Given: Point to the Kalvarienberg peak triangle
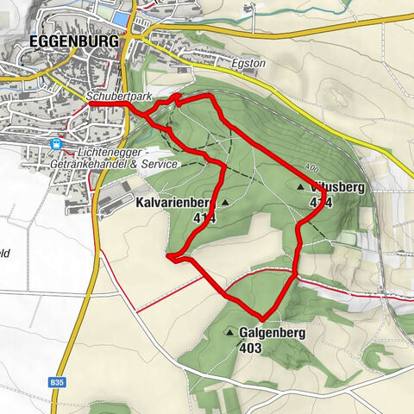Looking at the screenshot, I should tap(225, 203).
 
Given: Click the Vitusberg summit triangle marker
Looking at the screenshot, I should tap(300, 186).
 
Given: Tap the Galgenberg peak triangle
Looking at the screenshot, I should tap(230, 331).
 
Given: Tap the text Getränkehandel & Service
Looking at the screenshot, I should tap(126, 164).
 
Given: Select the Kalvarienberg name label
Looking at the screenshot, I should tap(172, 203).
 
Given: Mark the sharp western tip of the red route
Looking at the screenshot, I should tap(167, 256).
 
